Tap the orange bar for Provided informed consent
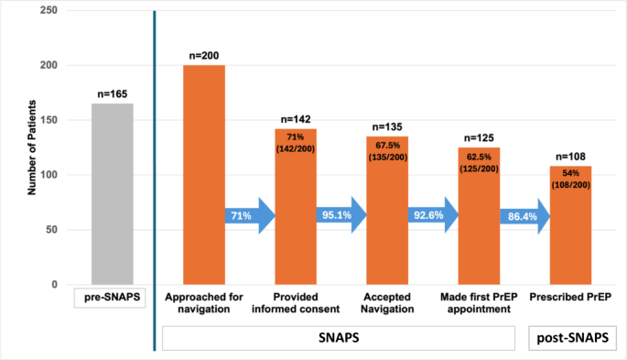click(296, 220)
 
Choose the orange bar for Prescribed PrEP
click(569, 238)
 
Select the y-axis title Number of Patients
click(31, 147)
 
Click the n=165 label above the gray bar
click(112, 93)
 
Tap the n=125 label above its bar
click(478, 137)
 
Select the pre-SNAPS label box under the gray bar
click(112, 297)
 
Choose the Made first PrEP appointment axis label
click(478, 302)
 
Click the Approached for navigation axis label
click(204, 302)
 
